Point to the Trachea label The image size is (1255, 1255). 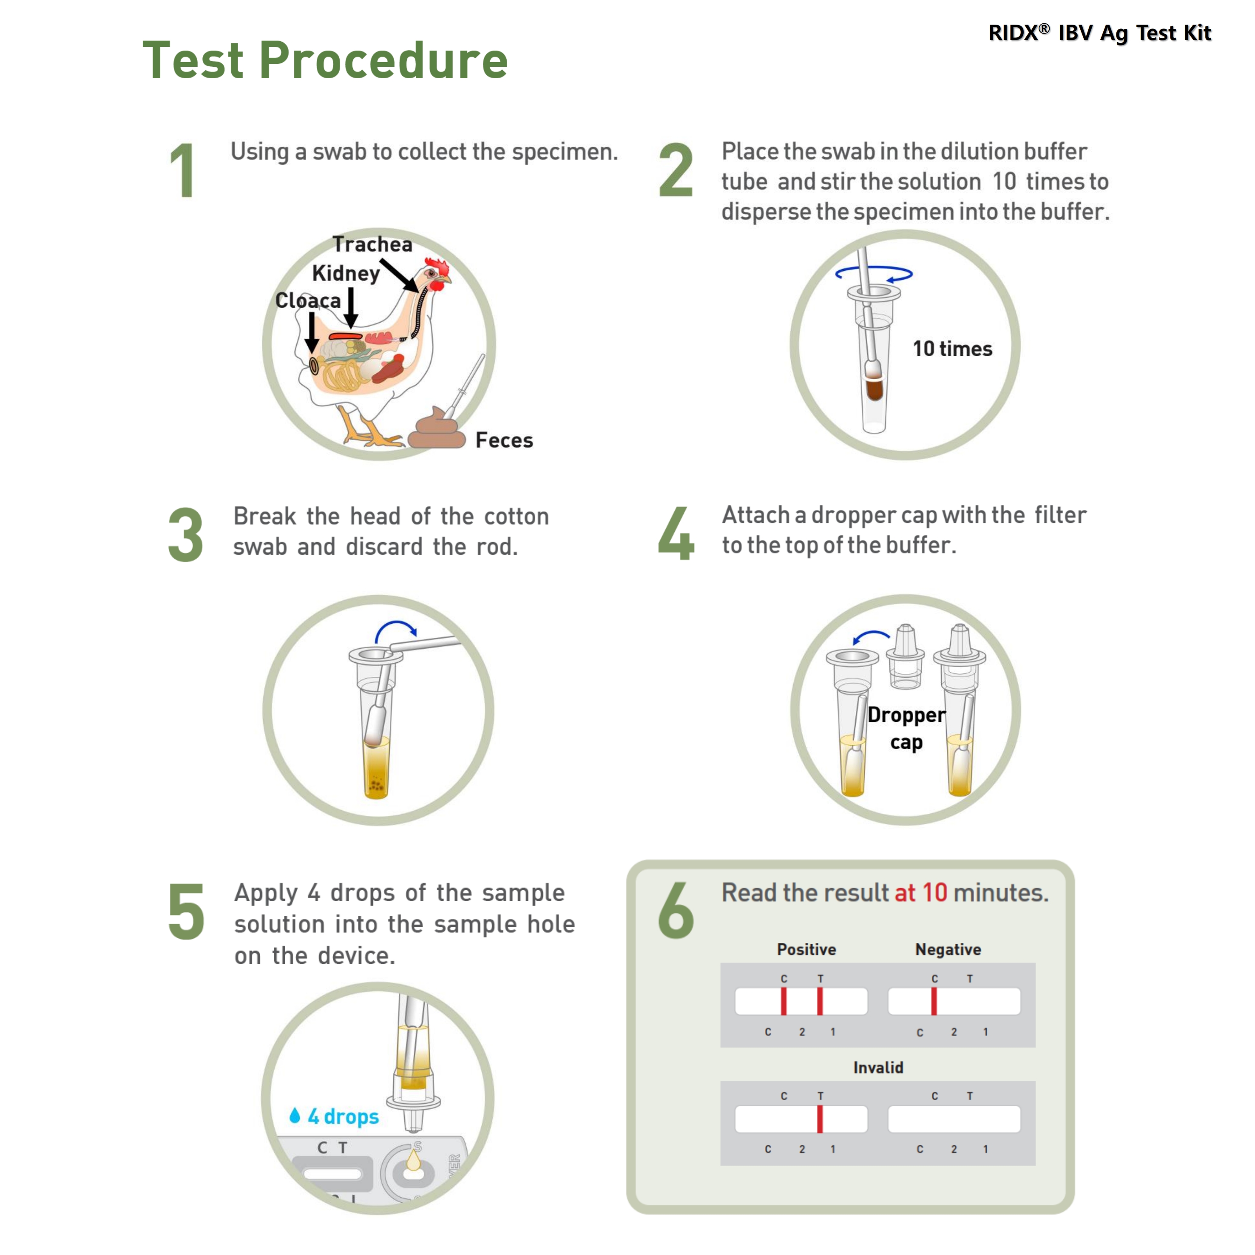(372, 244)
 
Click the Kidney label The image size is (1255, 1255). (346, 273)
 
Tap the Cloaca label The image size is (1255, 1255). (308, 300)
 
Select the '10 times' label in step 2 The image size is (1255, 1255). (952, 349)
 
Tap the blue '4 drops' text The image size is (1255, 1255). (343, 1116)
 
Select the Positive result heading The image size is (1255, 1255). (806, 950)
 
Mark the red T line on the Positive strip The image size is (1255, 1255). (820, 1001)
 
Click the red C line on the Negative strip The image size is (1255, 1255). (934, 1001)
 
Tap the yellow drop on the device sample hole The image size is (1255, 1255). (413, 1160)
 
